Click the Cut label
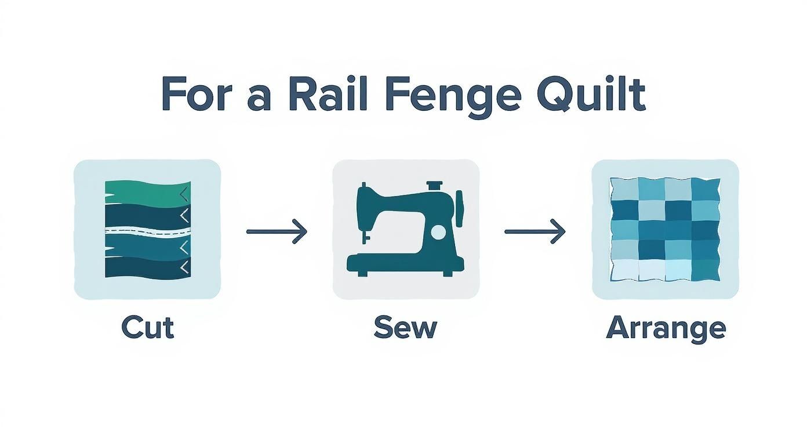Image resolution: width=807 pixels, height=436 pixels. (x=147, y=328)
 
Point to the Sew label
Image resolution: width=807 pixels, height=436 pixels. (x=405, y=328)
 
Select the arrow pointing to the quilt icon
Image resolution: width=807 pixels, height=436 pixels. (x=535, y=231)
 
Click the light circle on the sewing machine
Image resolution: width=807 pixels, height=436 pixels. (x=439, y=232)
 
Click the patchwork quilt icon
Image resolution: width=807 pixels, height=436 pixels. (x=665, y=229)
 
